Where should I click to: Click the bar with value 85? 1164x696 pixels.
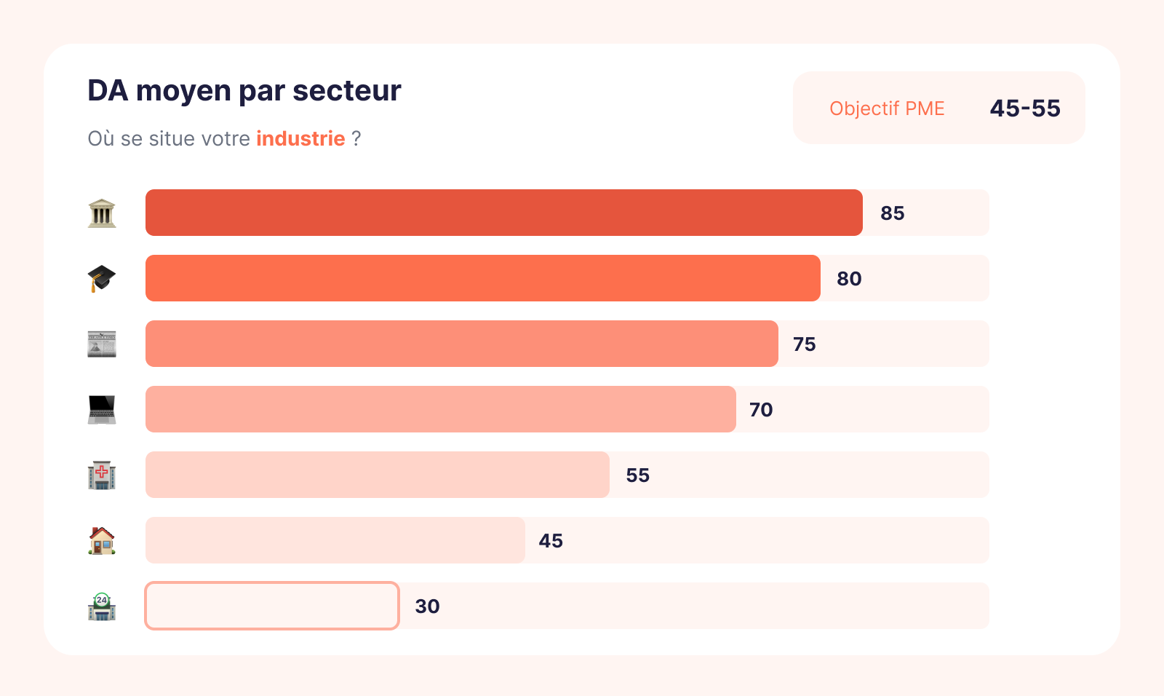[503, 213]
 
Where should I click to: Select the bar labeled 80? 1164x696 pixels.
[482, 278]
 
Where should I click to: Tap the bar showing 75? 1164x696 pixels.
[461, 344]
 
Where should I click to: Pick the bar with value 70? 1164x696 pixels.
[440, 409]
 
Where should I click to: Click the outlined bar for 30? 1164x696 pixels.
[272, 606]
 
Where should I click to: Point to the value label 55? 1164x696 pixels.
[637, 475]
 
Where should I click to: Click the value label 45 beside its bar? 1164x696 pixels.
[551, 541]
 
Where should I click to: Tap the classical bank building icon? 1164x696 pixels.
[102, 213]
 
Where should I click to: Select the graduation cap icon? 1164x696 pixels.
[102, 278]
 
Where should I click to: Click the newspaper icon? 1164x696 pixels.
[102, 344]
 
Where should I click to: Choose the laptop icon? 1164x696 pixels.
[102, 409]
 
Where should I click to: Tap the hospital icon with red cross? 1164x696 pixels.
[102, 475]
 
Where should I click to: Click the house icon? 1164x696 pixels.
[102, 540]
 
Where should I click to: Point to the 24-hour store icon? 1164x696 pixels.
[102, 606]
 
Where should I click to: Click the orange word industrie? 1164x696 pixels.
[300, 138]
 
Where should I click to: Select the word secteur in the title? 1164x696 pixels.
[346, 91]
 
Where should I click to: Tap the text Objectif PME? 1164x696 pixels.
[887, 108]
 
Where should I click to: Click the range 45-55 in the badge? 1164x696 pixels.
[1025, 108]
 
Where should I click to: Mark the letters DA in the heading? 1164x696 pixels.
[108, 91]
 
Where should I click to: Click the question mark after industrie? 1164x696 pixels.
[356, 138]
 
